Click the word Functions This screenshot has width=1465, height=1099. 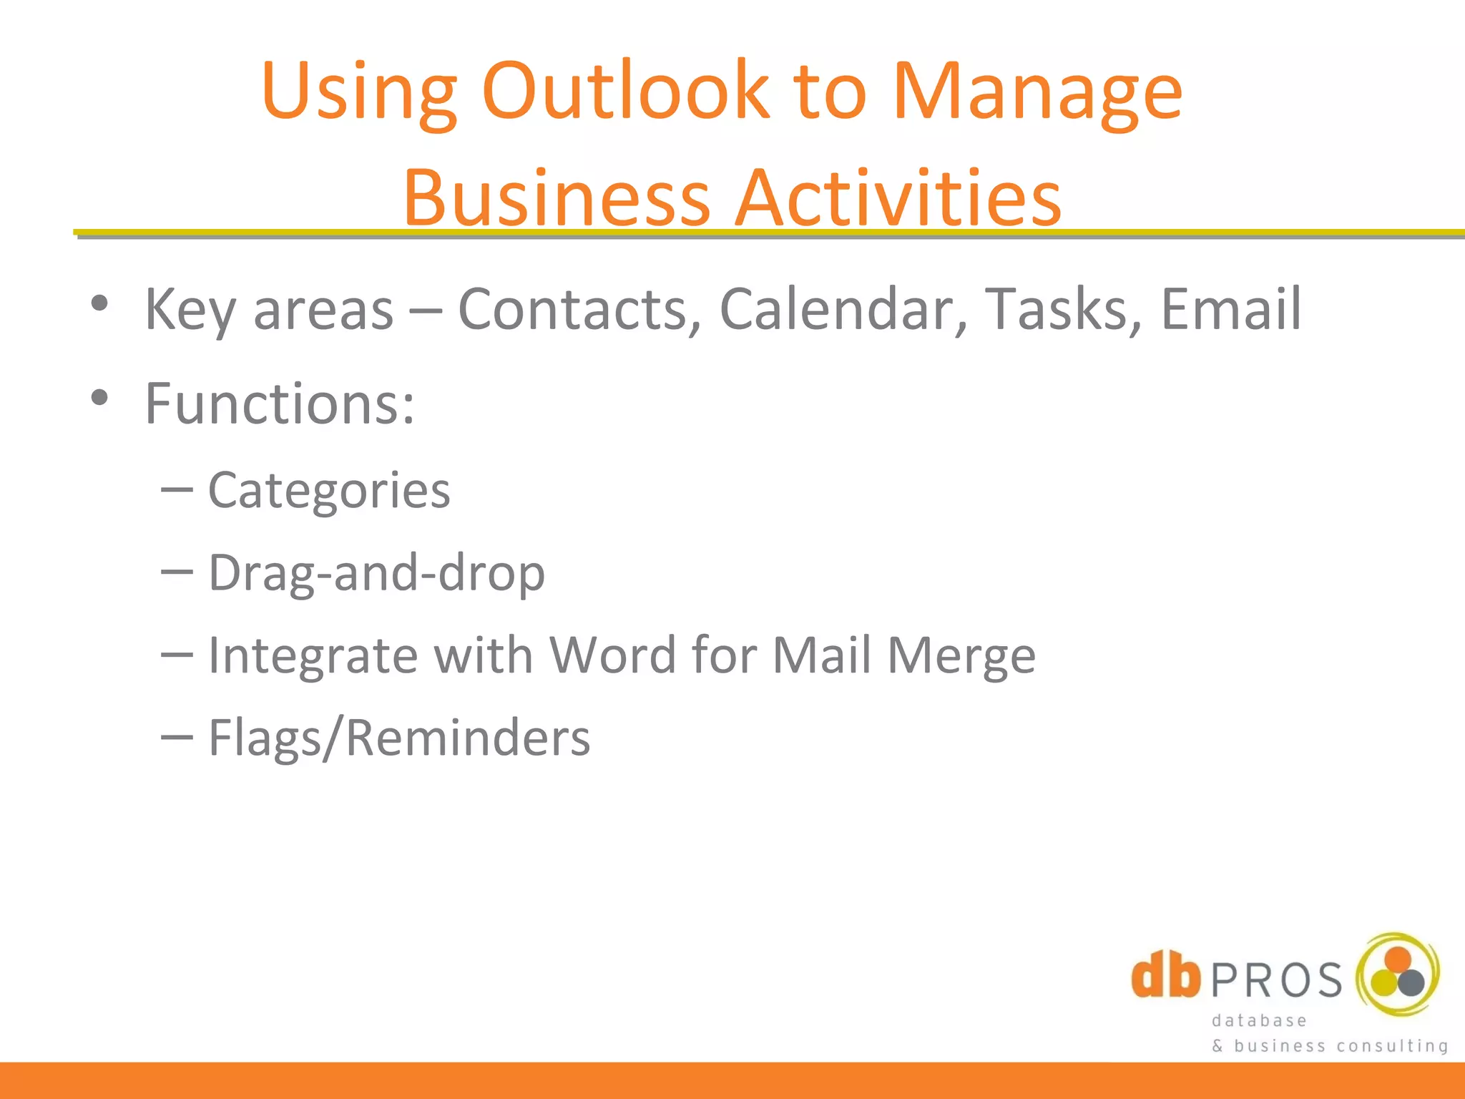point(279,404)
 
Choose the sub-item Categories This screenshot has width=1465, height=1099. point(329,491)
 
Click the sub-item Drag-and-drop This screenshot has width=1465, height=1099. point(376,573)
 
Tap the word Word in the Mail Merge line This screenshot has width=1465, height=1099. point(612,655)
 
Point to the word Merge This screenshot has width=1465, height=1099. point(961,655)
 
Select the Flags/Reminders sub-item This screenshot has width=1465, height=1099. point(399,738)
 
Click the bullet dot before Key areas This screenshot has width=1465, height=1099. point(99,303)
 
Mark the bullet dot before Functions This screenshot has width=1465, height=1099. point(99,398)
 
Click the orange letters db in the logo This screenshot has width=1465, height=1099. point(1166,975)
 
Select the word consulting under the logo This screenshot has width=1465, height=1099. point(1392,1046)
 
